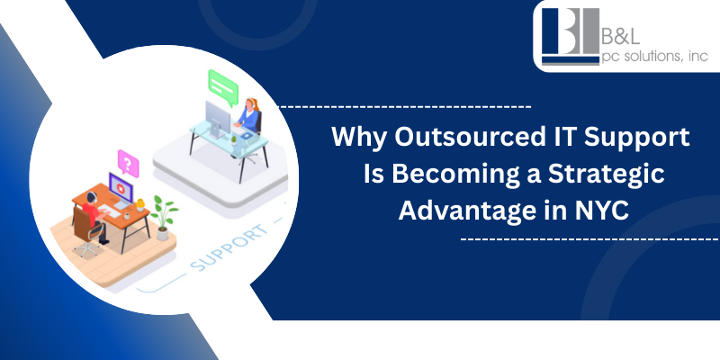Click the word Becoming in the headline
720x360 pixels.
tap(445, 175)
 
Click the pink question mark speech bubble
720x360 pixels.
tap(129, 164)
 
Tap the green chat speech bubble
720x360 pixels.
tap(220, 83)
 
